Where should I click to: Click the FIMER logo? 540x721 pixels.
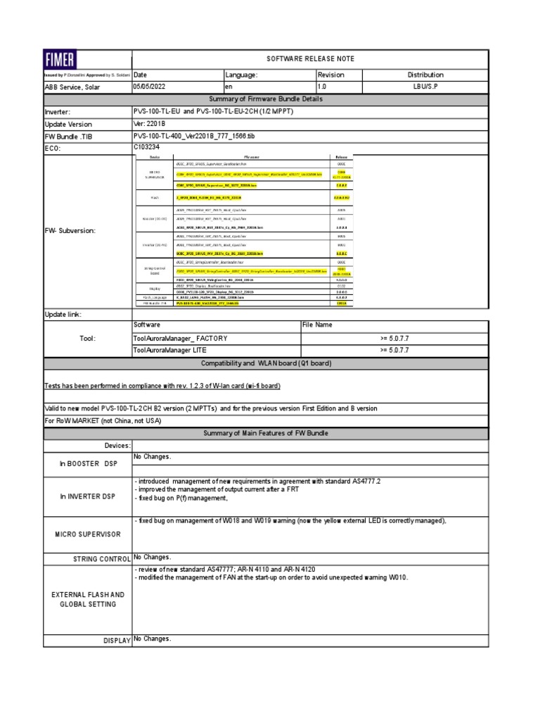[61, 58]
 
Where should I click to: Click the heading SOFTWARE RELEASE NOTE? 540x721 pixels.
[309, 58]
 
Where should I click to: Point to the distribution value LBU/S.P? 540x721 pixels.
[425, 86]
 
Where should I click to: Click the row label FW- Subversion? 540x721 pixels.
[70, 230]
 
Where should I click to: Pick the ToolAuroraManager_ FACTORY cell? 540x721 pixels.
[180, 338]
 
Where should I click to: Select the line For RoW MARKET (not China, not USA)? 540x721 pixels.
[103, 420]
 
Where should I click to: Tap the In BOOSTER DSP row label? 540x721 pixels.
[87, 464]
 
